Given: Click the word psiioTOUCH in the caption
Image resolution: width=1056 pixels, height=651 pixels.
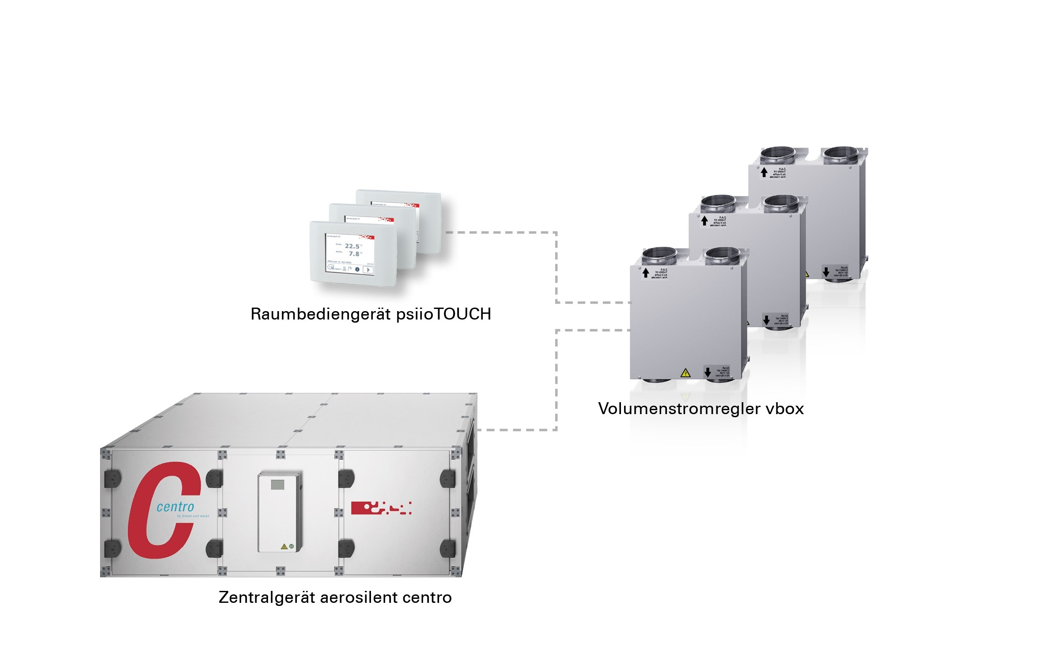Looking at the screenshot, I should click(x=443, y=314).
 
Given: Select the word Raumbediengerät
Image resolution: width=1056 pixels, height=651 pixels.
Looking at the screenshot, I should click(x=321, y=314).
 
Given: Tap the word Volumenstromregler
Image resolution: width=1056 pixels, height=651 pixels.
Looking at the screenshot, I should click(x=679, y=408).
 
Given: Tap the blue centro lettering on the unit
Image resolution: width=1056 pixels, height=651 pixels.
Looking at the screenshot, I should click(x=175, y=507).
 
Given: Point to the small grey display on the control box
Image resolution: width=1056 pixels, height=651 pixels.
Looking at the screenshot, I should click(x=277, y=484).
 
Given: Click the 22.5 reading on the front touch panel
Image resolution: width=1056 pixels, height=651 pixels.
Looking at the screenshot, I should click(x=352, y=246).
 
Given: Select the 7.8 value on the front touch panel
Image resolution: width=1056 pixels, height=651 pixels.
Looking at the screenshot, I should click(x=354, y=254).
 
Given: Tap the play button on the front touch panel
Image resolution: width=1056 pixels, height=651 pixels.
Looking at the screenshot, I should click(x=368, y=270).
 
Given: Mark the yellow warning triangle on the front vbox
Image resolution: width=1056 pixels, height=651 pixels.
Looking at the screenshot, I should click(x=685, y=373).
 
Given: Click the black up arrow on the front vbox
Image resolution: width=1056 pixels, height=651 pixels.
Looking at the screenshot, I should click(x=646, y=273).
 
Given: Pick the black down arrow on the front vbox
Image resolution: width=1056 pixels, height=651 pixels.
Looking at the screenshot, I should click(x=708, y=372).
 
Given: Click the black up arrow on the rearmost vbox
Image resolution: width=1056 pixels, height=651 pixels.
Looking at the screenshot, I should click(x=764, y=172).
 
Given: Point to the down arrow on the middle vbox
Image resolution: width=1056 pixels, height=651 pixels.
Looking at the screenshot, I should click(x=767, y=320).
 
